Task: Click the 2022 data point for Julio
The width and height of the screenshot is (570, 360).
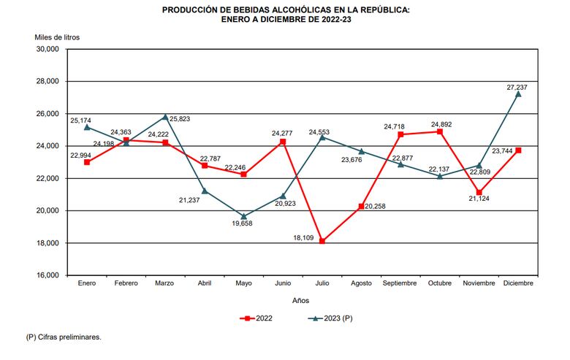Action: coord(322,241)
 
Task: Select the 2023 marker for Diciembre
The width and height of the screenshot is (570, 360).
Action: coord(518,93)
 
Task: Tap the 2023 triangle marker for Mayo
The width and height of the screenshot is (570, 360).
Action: coord(243,216)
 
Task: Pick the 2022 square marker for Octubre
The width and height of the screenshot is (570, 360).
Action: coord(440,131)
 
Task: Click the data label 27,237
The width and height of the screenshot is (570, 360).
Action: coord(517,87)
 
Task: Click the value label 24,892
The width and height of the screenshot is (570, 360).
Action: coord(441,124)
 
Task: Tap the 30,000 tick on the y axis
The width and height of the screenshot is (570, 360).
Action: coord(47,50)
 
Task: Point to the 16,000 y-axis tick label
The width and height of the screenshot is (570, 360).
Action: coord(47,275)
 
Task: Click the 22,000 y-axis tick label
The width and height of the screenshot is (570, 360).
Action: coord(47,179)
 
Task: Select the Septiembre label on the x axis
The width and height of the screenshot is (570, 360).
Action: coord(400,283)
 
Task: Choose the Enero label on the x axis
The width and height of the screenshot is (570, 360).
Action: coord(87,283)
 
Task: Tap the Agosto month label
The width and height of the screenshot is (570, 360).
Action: coord(361,283)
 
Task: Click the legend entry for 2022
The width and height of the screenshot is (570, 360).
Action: coord(257,319)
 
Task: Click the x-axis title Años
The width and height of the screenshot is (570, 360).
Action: coord(300,300)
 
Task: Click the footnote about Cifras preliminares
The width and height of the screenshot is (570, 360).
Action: coord(64,337)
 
